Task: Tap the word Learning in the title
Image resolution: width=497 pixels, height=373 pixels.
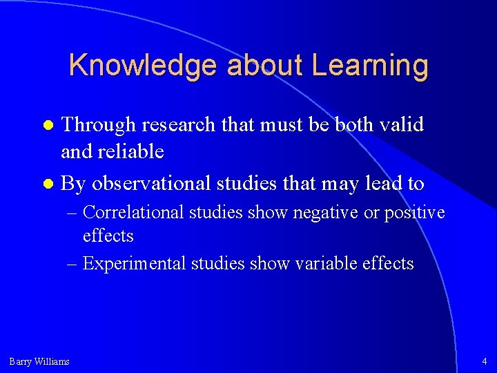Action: coord(370,66)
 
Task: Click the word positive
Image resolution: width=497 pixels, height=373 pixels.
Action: coord(414,213)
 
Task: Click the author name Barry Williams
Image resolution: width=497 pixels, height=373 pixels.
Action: coord(39,361)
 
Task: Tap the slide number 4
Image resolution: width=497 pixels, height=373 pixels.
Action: coord(484,361)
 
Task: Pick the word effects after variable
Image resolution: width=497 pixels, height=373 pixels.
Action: coord(389,263)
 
